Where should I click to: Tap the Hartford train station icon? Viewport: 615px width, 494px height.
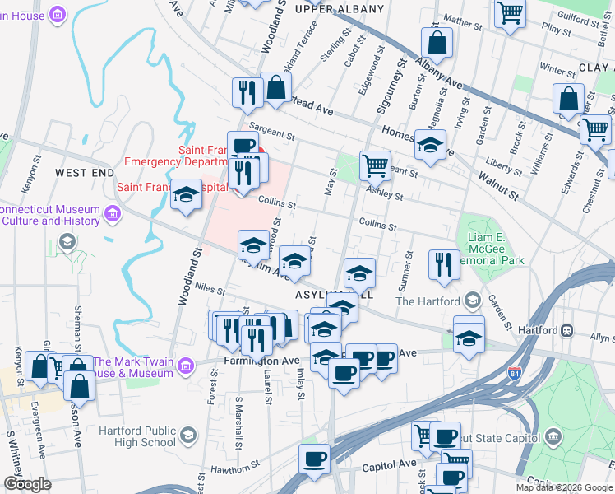click(x=566, y=330)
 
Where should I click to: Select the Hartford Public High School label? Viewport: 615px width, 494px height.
click(x=137, y=436)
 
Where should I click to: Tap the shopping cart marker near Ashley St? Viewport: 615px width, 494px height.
click(x=375, y=165)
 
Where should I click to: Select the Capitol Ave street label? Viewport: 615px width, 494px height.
click(x=396, y=464)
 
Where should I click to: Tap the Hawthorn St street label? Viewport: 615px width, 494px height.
click(x=236, y=468)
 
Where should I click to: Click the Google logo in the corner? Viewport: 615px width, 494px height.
click(x=27, y=484)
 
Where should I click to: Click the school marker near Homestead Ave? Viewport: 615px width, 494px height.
click(x=430, y=145)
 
